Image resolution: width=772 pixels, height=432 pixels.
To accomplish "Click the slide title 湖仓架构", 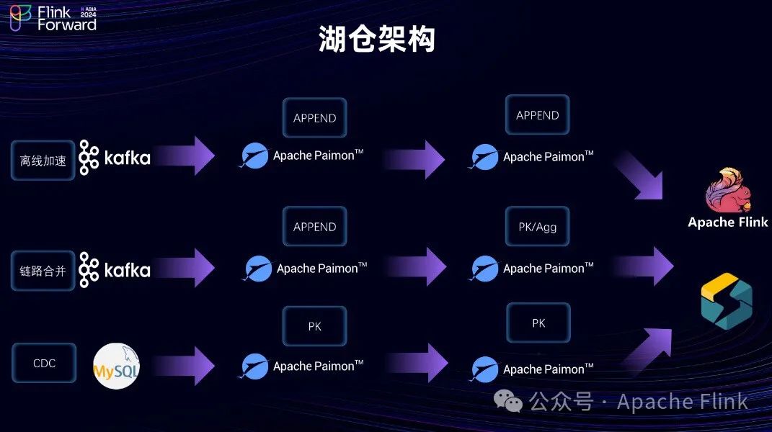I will tap(377, 40).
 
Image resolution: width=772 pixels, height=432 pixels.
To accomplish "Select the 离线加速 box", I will tap(43, 160).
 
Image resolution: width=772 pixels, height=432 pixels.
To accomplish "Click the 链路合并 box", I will tap(43, 271).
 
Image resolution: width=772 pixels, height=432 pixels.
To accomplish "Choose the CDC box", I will tap(44, 363).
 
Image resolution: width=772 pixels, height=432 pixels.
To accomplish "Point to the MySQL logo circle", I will tap(117, 366).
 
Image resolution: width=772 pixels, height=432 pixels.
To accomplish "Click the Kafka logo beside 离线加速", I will tap(114, 158).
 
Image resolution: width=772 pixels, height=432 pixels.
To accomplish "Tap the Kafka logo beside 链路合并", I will tap(114, 270).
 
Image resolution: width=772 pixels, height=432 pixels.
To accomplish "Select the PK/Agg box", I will tap(538, 227).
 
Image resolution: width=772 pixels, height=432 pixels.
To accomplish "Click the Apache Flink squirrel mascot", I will tap(727, 190).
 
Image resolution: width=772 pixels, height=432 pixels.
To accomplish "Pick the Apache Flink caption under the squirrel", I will tap(727, 222).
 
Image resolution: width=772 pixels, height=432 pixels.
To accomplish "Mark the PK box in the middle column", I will tap(314, 326).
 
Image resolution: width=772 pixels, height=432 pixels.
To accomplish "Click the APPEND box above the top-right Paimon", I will tap(538, 115).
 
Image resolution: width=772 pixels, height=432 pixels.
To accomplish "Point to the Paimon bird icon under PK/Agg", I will tap(485, 269).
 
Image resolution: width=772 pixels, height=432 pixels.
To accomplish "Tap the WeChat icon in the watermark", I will tap(513, 402).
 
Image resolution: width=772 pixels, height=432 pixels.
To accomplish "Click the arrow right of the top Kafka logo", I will tap(186, 156).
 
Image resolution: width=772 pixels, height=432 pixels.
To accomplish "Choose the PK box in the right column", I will tap(538, 323).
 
